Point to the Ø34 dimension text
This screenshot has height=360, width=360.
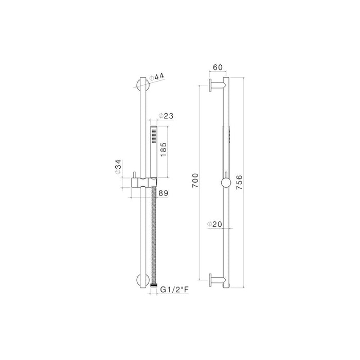[x=118, y=167]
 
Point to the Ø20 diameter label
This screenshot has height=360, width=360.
[x=213, y=224]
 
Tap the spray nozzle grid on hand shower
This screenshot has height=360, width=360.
[x=153, y=136]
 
